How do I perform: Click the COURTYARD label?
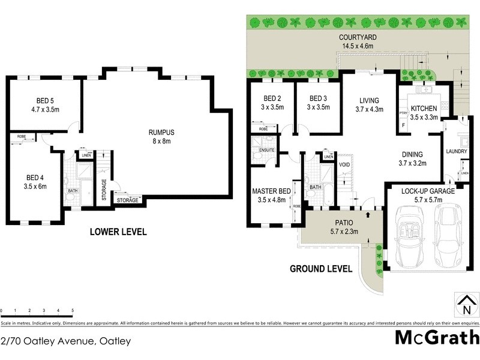tap(358, 37)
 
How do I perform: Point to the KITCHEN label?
tap(424, 109)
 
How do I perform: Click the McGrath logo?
tap(437, 337)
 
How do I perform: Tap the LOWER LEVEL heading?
tap(118, 232)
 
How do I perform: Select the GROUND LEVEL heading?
tap(321, 269)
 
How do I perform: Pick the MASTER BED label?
tap(271, 191)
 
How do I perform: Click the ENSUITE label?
tap(267, 149)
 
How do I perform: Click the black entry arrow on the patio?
tap(367, 213)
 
